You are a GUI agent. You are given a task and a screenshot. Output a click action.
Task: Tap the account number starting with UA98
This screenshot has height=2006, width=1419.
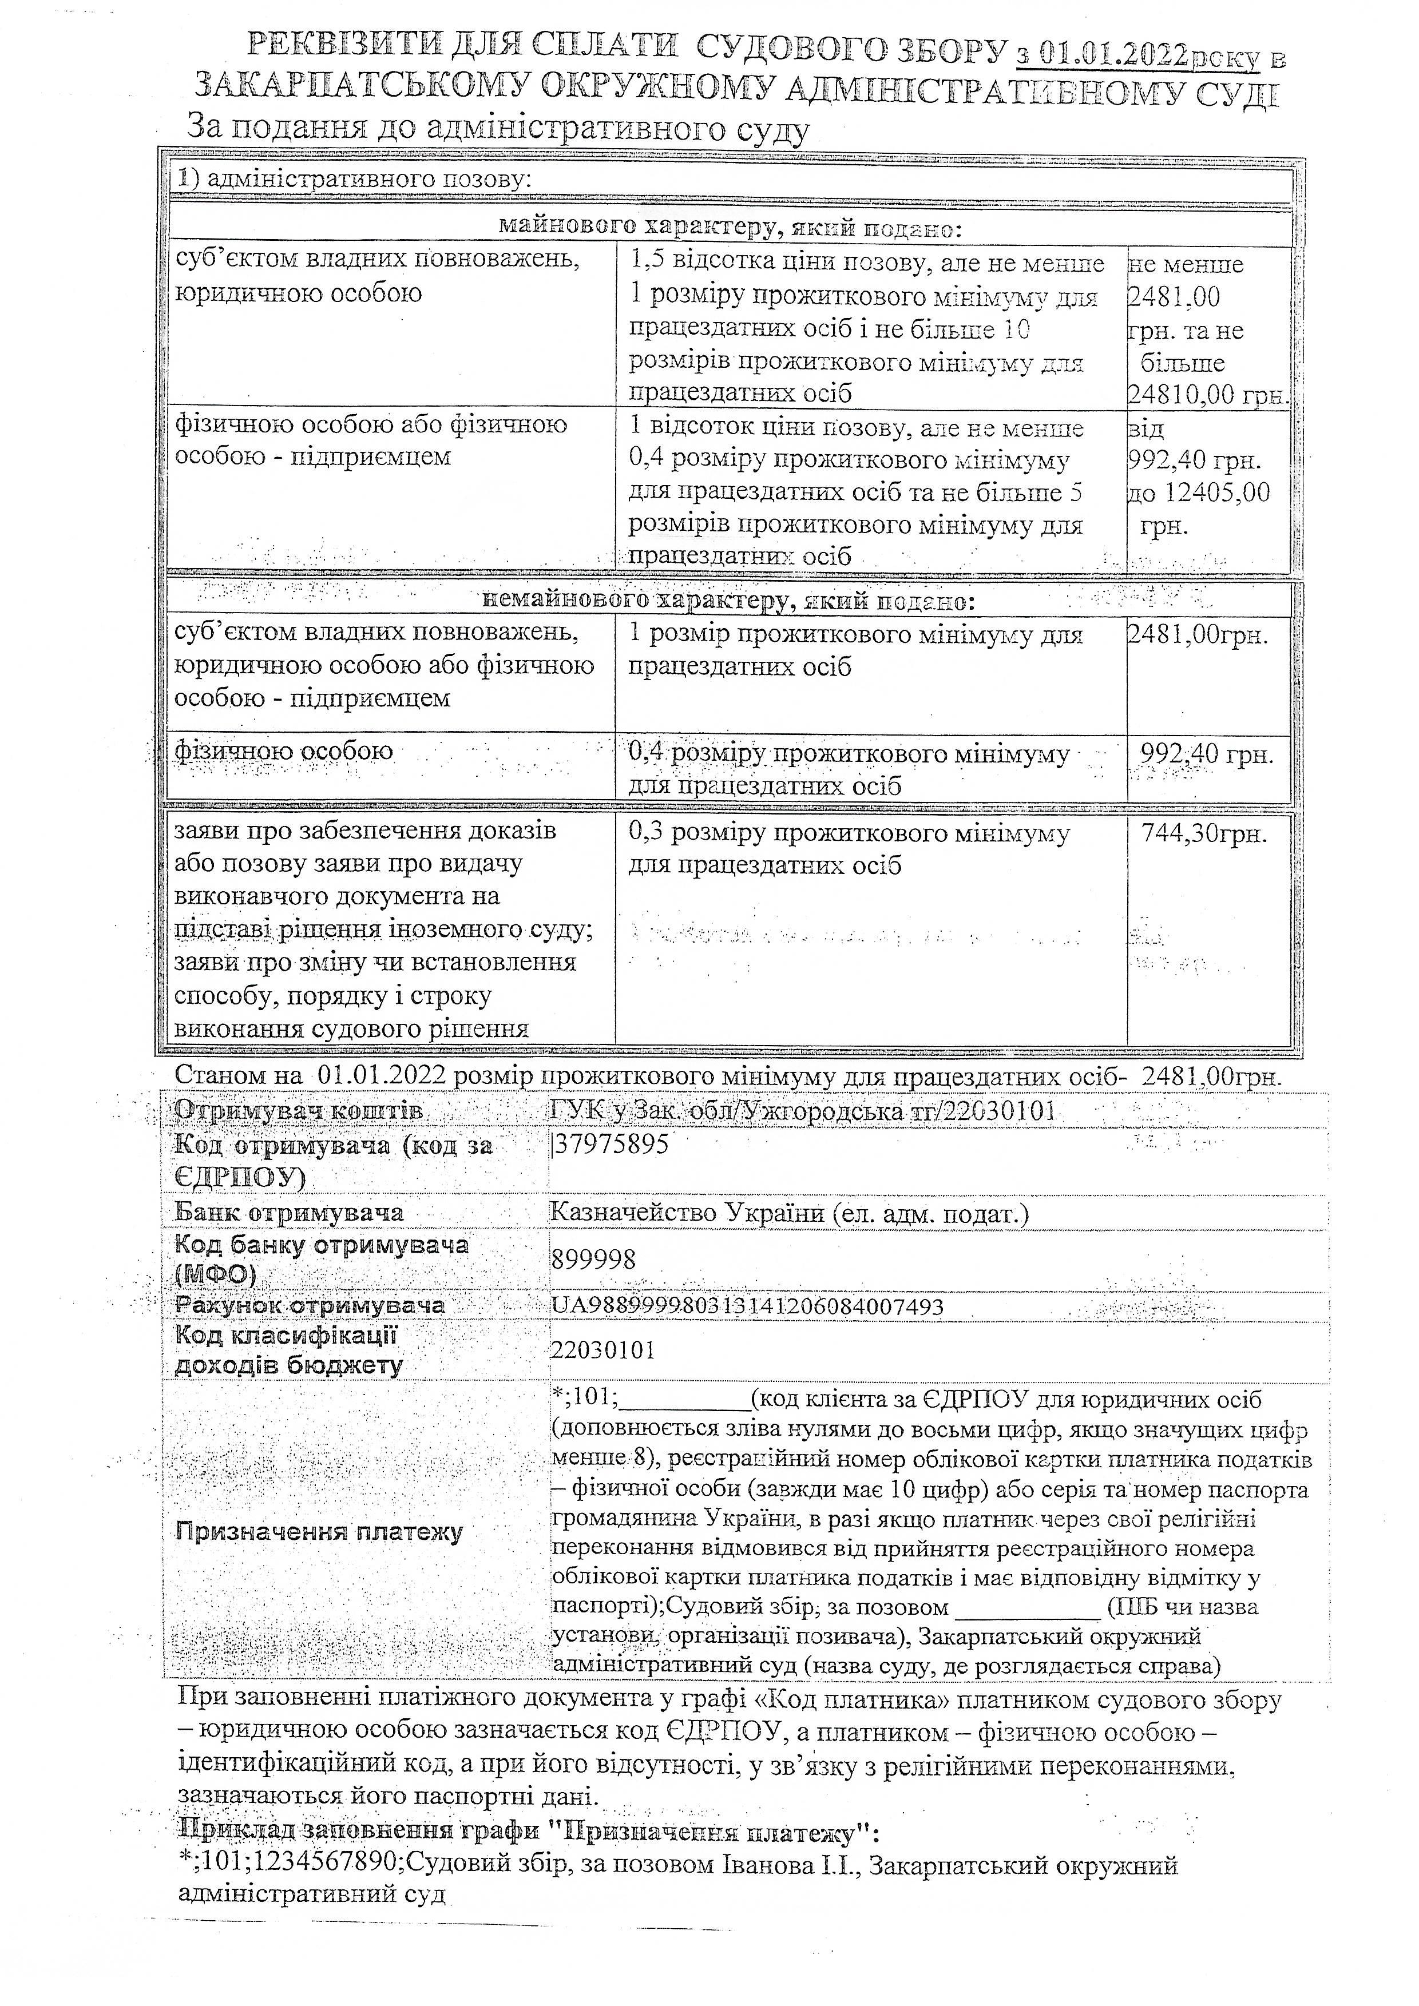747,1306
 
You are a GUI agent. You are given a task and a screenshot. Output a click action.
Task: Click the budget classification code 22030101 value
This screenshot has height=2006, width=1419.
603,1350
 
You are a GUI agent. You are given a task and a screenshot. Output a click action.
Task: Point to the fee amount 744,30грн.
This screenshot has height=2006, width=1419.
1204,835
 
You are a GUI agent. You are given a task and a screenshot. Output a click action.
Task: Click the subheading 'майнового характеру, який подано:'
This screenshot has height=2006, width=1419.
730,229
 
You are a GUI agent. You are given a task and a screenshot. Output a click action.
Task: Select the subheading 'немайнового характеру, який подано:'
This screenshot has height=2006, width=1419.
728,601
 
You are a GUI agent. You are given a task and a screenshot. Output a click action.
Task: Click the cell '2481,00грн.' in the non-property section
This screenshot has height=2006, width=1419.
1197,635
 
